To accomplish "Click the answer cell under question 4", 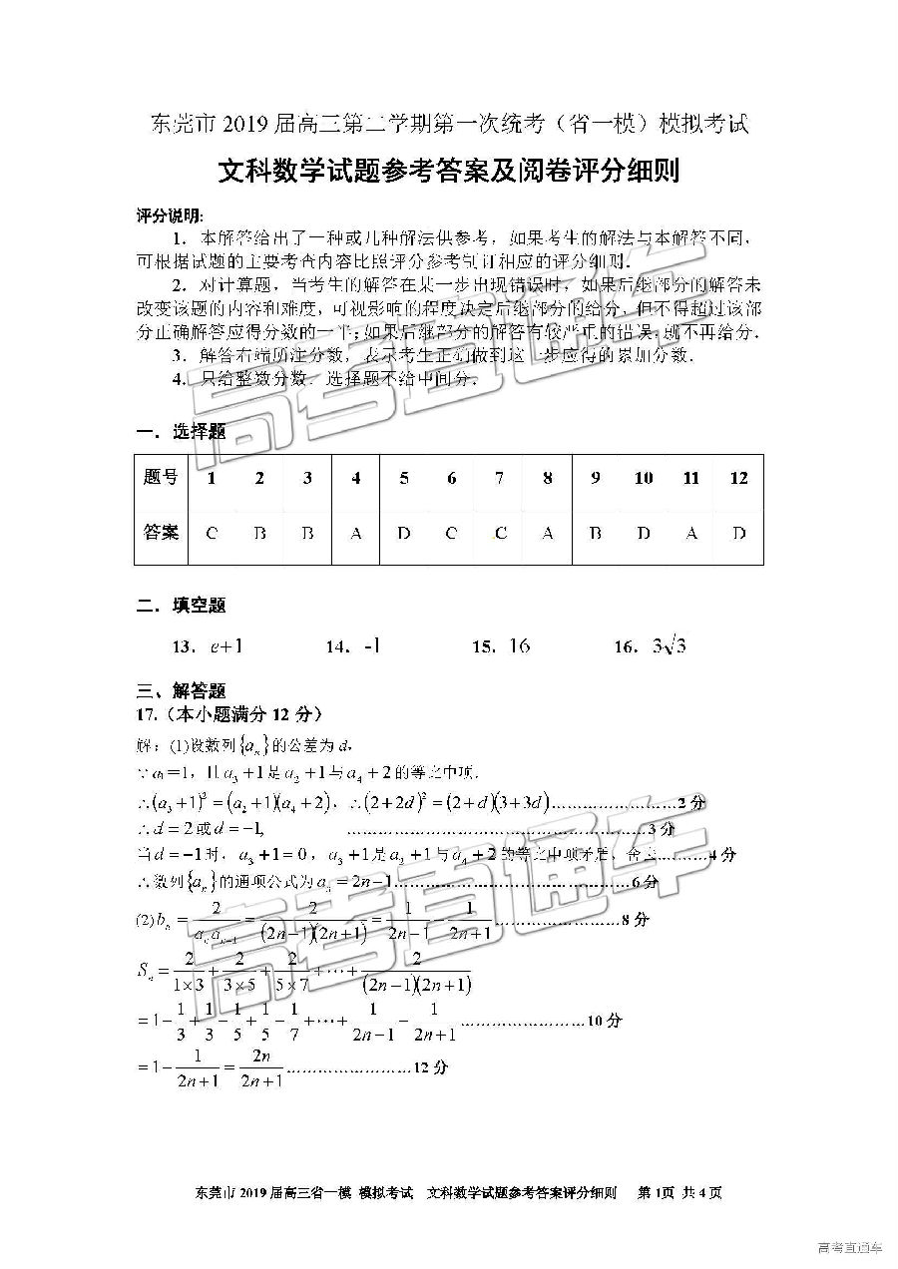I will click(356, 534).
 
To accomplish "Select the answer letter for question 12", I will click(738, 534).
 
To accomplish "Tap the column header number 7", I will click(499, 479).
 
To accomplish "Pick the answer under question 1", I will click(212, 534).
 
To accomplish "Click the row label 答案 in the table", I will click(161, 532).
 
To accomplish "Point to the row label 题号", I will click(161, 478).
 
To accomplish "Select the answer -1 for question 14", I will click(371, 646).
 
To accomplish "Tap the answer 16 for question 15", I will click(519, 646).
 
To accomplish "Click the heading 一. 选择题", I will click(180, 431).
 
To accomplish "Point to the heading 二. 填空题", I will click(180, 605).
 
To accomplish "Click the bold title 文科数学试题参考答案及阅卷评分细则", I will click(448, 172).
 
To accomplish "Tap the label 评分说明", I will click(169, 215).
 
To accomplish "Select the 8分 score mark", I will click(635, 920).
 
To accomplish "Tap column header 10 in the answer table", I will click(644, 479).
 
